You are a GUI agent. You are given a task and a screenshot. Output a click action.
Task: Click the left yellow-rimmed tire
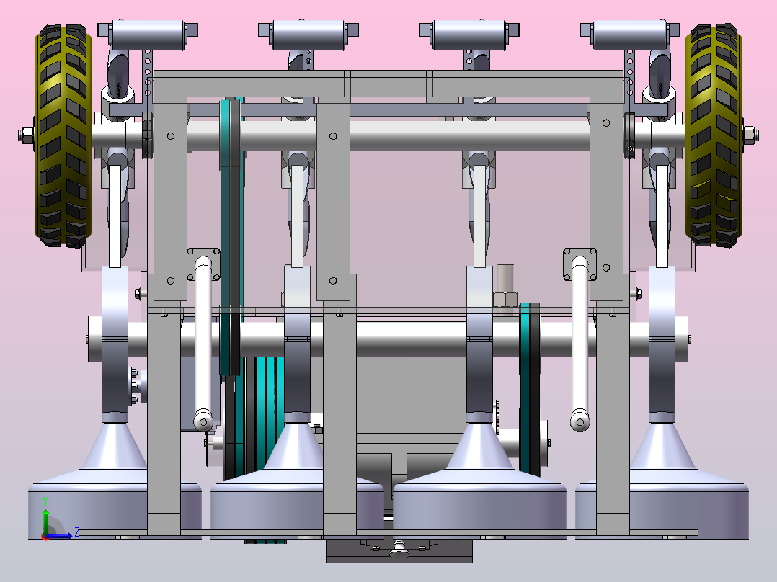click(63, 137)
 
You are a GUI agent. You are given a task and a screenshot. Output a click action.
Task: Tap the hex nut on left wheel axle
click(26, 134)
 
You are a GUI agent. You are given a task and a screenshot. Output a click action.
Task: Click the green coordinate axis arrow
click(45, 515)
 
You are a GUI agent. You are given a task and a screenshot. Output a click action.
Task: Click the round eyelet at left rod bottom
click(203, 421)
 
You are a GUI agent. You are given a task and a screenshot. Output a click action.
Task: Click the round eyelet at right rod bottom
click(580, 421)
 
